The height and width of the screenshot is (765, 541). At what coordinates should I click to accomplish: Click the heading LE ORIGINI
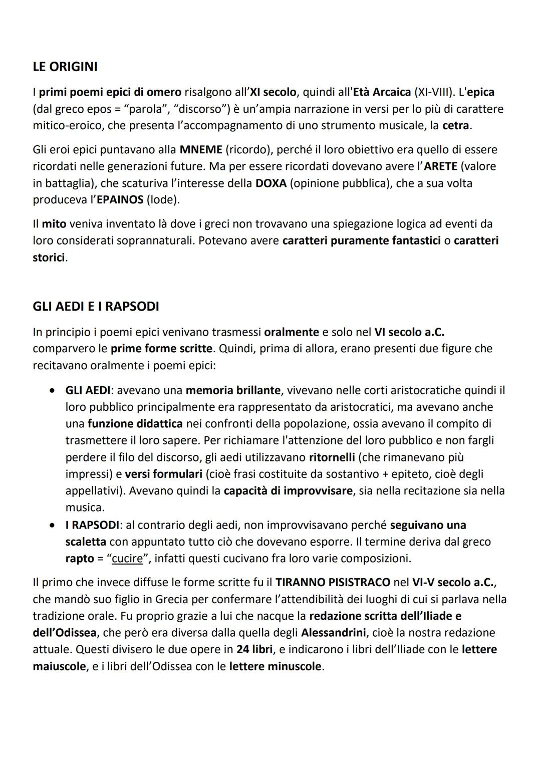pos(65,67)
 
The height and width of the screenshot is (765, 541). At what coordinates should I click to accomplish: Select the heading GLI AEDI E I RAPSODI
pos(96,306)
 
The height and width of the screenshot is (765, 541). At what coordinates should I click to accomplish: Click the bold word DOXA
pos(270,183)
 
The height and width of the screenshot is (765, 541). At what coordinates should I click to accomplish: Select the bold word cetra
pos(456,125)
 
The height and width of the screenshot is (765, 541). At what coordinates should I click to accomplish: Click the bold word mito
pos(54,223)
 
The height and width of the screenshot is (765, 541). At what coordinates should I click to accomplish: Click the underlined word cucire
pos(127,558)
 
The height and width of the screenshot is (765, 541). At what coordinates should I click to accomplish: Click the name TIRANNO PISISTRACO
pos(333,582)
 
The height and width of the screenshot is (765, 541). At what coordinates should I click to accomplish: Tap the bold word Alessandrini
pos(333,632)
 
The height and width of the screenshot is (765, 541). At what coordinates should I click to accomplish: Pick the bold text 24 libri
pos(254,649)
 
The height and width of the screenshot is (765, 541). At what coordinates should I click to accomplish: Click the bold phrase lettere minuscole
pos(275,666)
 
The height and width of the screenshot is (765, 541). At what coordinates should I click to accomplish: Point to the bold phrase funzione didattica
pos(135,423)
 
